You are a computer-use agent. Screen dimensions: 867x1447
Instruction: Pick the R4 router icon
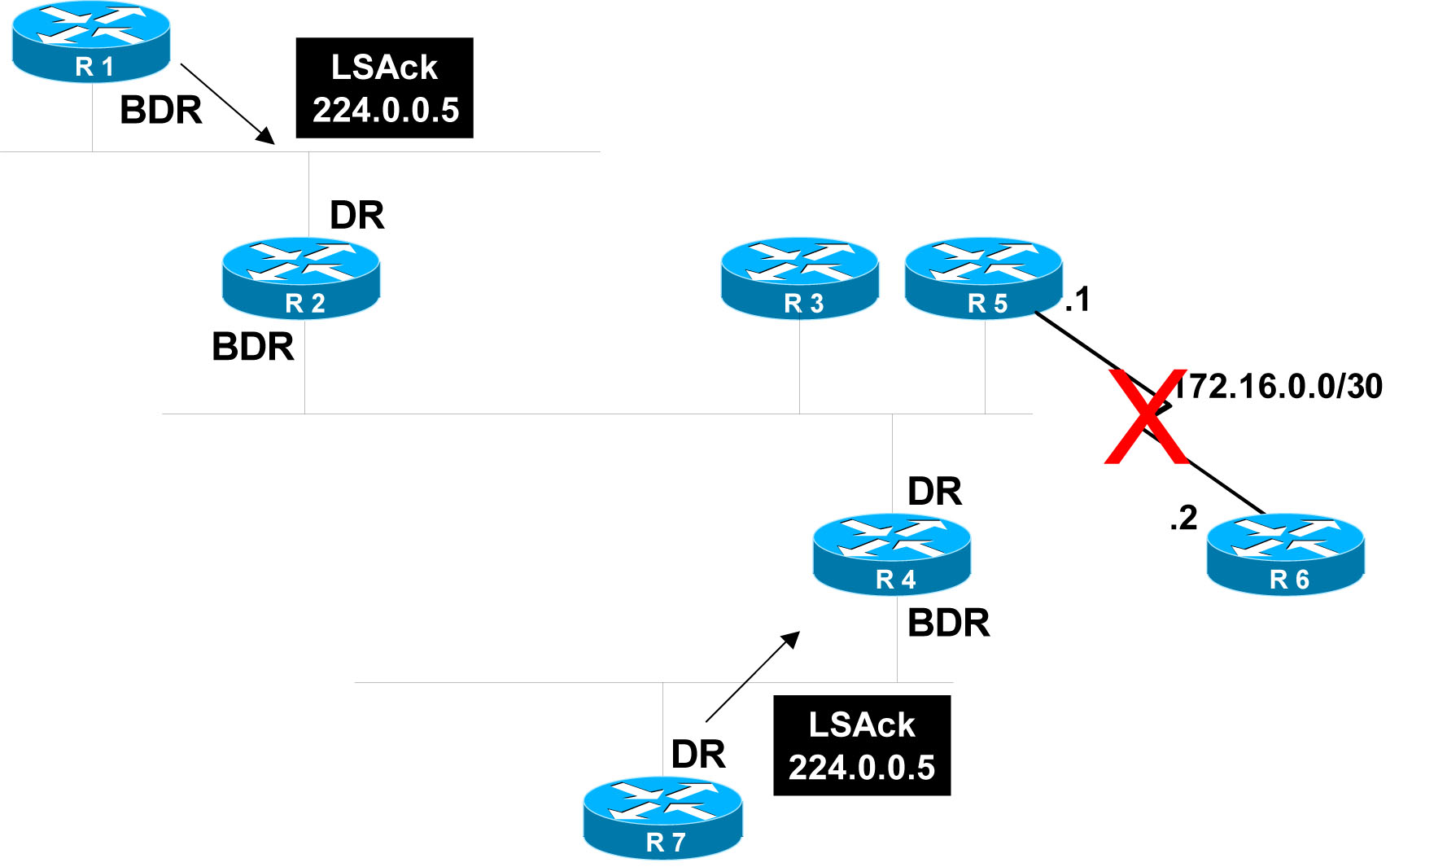892,554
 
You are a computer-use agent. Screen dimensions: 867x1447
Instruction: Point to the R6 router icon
1286,554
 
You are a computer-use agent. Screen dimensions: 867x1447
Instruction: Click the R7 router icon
662,817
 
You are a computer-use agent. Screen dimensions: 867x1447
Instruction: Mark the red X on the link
1146,417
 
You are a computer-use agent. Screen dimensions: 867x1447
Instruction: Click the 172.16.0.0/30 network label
1279,387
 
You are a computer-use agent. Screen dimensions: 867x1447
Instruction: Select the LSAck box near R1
384,88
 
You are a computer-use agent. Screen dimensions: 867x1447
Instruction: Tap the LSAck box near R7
862,746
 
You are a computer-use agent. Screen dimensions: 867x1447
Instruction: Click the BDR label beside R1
161,111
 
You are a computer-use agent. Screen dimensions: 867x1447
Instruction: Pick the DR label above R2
356,216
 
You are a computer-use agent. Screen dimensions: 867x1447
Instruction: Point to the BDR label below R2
253,347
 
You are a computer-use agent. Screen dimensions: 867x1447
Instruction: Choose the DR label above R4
935,493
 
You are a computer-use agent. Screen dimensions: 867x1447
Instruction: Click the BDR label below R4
949,624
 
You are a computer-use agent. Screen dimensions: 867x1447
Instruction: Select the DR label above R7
698,755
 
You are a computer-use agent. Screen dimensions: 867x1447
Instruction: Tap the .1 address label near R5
1078,300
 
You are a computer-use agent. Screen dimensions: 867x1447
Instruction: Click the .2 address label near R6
1184,519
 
